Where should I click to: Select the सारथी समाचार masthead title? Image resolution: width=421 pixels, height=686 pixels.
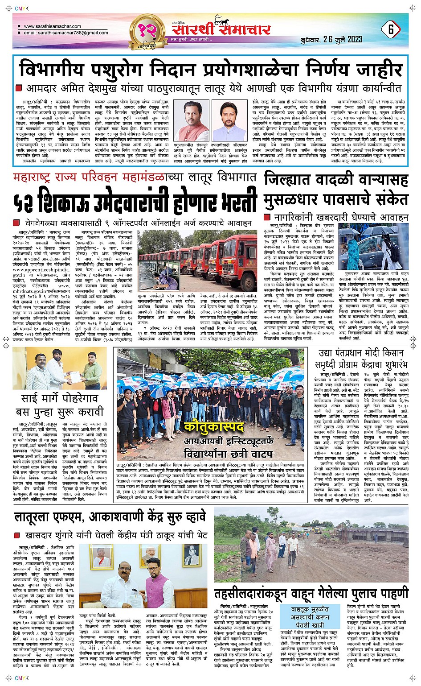click(221, 29)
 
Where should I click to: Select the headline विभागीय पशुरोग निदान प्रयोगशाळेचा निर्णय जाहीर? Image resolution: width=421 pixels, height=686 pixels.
click(210, 70)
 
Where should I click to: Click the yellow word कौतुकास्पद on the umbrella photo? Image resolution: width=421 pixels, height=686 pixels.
click(214, 427)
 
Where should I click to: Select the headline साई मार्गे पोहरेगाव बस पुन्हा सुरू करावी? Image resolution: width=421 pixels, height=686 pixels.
click(60, 405)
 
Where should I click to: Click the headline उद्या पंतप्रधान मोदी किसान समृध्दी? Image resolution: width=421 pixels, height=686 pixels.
click(361, 358)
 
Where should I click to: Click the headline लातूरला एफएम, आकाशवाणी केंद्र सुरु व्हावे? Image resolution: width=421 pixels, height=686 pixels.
click(110, 517)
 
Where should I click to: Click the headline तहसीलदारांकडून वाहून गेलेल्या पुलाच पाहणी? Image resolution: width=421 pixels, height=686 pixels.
click(311, 594)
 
